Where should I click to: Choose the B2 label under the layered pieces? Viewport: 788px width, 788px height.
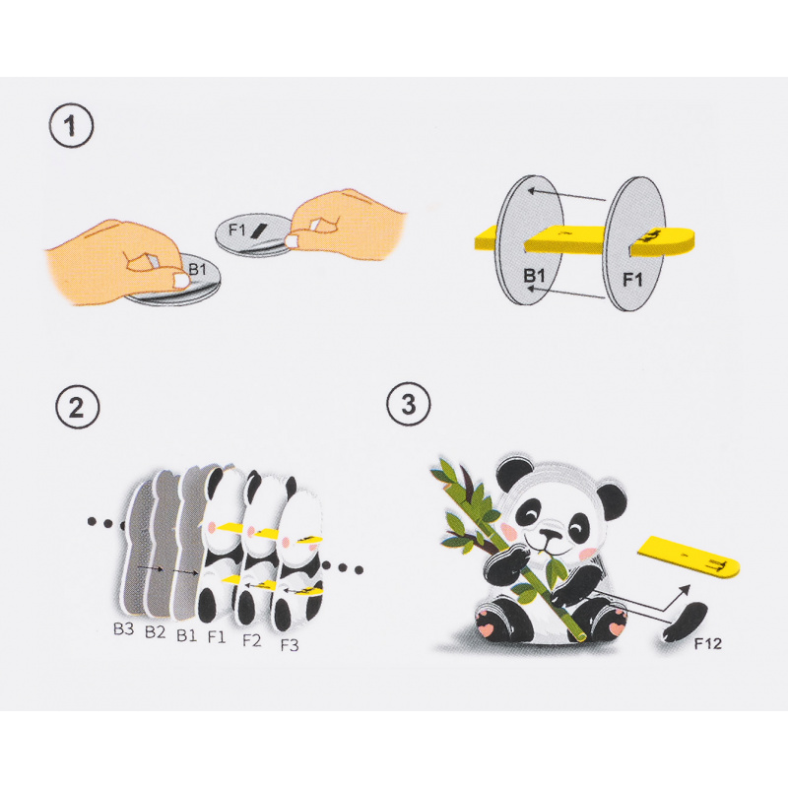click(x=155, y=631)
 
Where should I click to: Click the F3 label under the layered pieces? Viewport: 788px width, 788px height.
click(x=290, y=645)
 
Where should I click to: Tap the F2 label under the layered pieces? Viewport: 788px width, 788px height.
click(x=252, y=640)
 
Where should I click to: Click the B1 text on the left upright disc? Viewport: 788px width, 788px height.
click(x=535, y=278)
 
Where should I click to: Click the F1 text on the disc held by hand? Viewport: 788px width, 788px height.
click(x=236, y=230)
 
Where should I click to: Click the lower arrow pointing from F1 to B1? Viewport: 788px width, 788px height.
click(x=577, y=293)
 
